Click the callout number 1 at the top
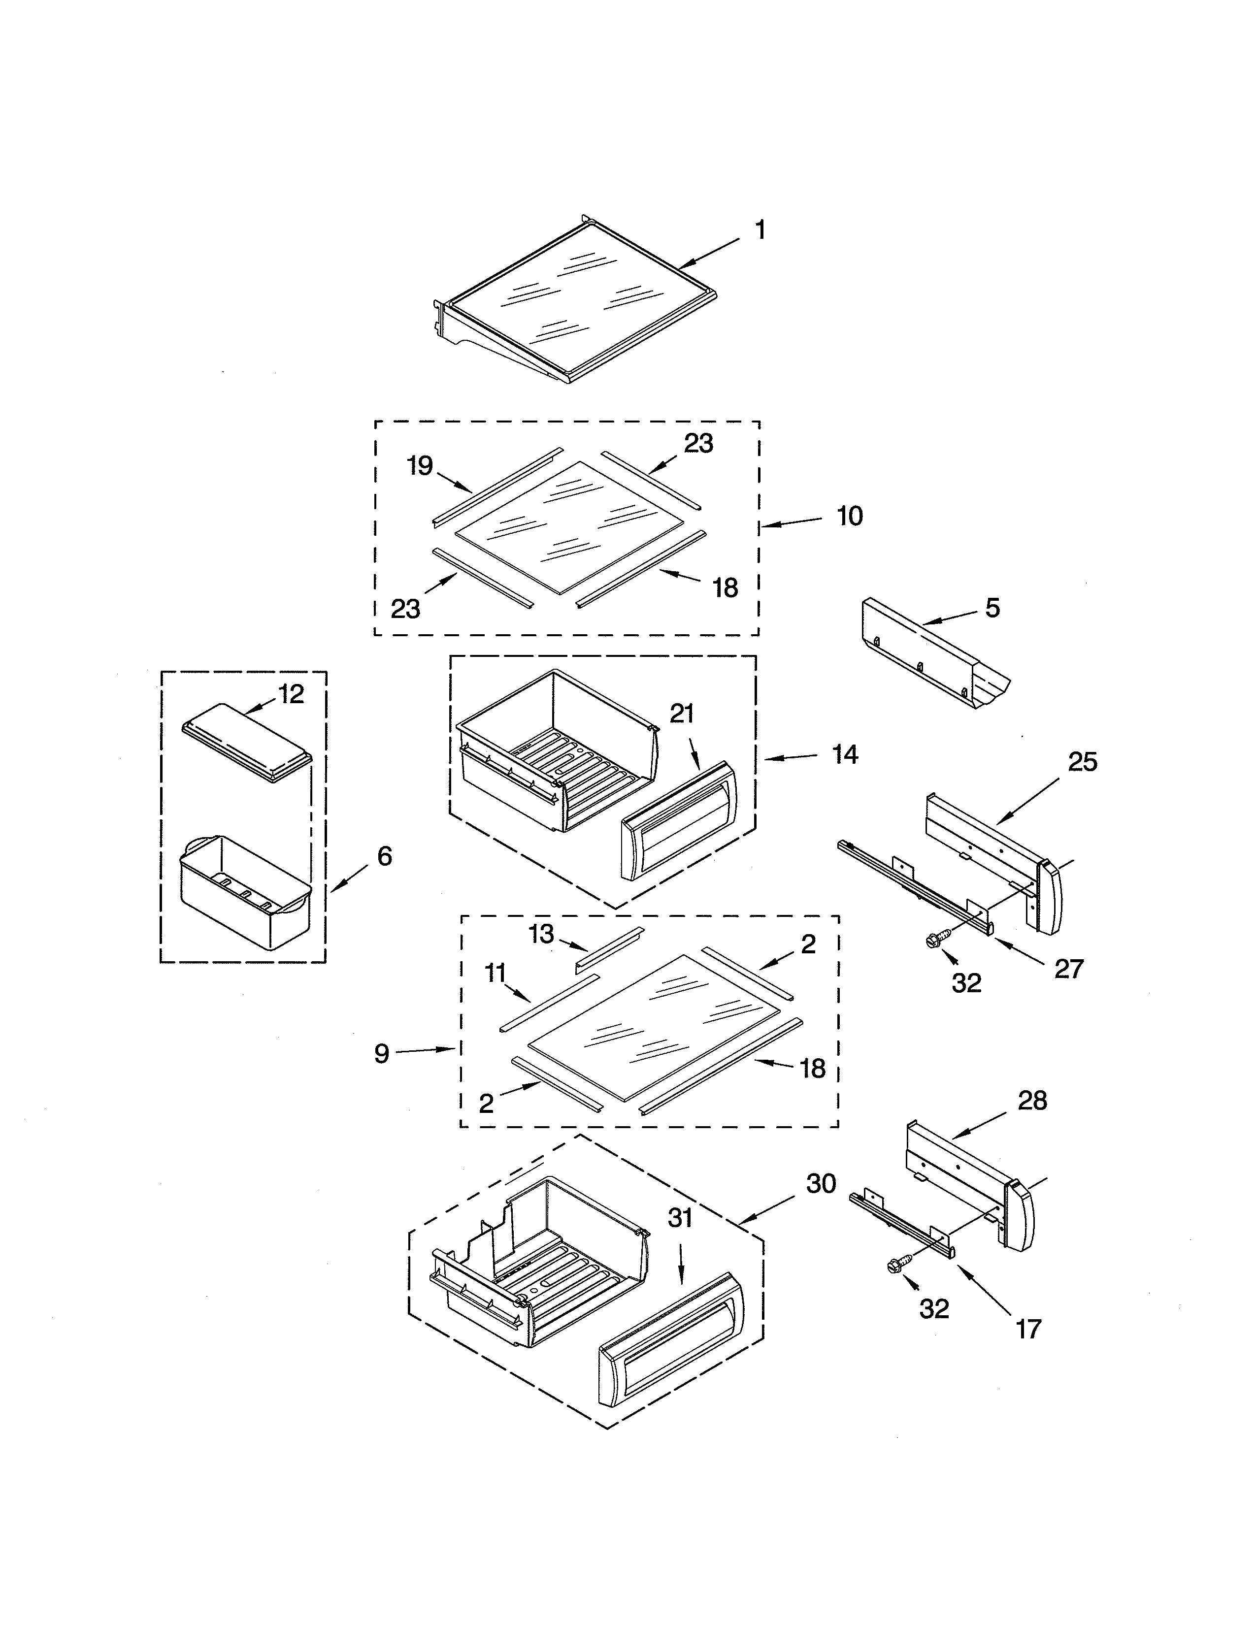point(760,230)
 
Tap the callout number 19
point(420,466)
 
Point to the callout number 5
point(992,608)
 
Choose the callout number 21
point(682,714)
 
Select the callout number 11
point(496,973)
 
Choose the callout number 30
point(821,1183)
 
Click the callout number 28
point(1032,1121)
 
